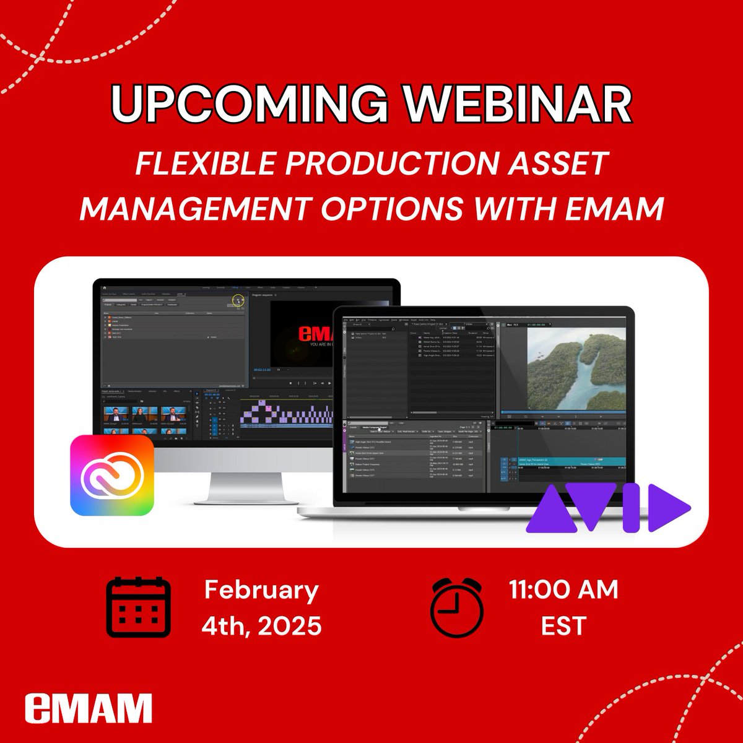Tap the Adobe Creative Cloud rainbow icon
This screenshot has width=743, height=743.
click(x=112, y=475)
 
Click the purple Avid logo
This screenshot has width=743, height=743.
click(x=607, y=509)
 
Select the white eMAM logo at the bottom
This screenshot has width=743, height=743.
click(x=89, y=708)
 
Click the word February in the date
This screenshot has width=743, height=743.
click(x=261, y=589)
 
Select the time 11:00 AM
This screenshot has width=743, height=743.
click(x=563, y=589)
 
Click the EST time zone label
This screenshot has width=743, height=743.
click(x=563, y=626)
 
